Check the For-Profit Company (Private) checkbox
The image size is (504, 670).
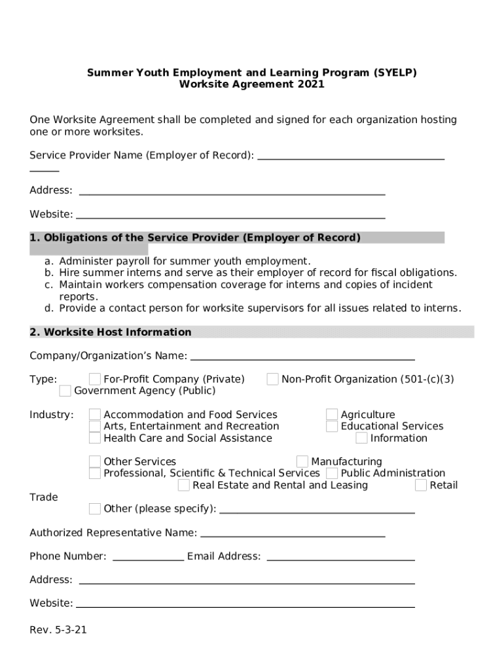click(x=95, y=379)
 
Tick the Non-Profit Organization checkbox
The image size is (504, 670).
click(x=273, y=379)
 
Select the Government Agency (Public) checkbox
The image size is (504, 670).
click(x=65, y=391)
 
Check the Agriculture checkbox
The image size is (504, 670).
click(x=333, y=415)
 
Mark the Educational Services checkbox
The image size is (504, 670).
click(x=333, y=427)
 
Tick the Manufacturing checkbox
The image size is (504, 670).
click(x=302, y=462)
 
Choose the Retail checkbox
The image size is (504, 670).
click(x=421, y=485)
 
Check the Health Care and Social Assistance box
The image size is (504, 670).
click(x=95, y=438)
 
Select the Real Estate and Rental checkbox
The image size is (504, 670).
click(x=184, y=485)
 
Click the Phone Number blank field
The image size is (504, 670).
click(x=149, y=557)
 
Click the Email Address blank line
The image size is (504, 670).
click(x=340, y=557)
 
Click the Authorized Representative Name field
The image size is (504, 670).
click(x=292, y=533)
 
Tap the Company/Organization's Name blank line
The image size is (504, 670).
click(x=302, y=356)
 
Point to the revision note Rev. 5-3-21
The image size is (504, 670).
click(x=58, y=630)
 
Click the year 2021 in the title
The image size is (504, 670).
click(x=312, y=84)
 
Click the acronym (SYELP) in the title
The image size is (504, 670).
click(x=395, y=73)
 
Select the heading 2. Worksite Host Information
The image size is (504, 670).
click(x=111, y=332)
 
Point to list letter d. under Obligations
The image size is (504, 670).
click(x=49, y=308)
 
